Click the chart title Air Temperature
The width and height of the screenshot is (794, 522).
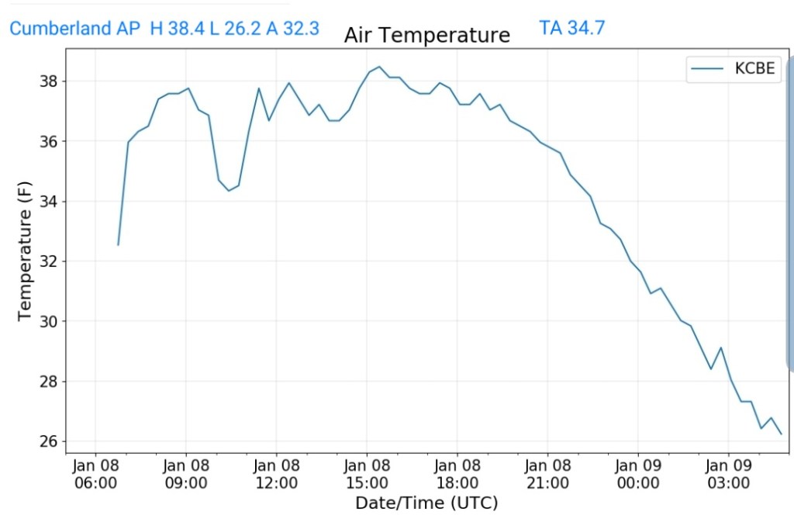[426, 36]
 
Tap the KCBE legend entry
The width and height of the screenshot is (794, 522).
[734, 68]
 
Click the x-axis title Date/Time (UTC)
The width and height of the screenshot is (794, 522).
[426, 503]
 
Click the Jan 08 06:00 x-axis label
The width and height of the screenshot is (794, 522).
[95, 474]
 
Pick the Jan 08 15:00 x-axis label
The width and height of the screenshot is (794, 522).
[367, 474]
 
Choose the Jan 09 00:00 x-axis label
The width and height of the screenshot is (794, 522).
[638, 474]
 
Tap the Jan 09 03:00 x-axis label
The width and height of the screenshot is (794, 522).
[729, 474]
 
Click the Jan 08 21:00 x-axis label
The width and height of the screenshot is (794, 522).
[547, 474]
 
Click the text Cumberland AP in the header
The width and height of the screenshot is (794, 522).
[74, 29]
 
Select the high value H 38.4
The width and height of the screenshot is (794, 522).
[178, 29]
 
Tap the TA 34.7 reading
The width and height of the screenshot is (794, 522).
[571, 28]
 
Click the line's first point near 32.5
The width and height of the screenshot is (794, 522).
[118, 245]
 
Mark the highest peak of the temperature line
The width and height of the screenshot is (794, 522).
[378, 67]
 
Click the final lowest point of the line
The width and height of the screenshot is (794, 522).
[781, 434]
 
